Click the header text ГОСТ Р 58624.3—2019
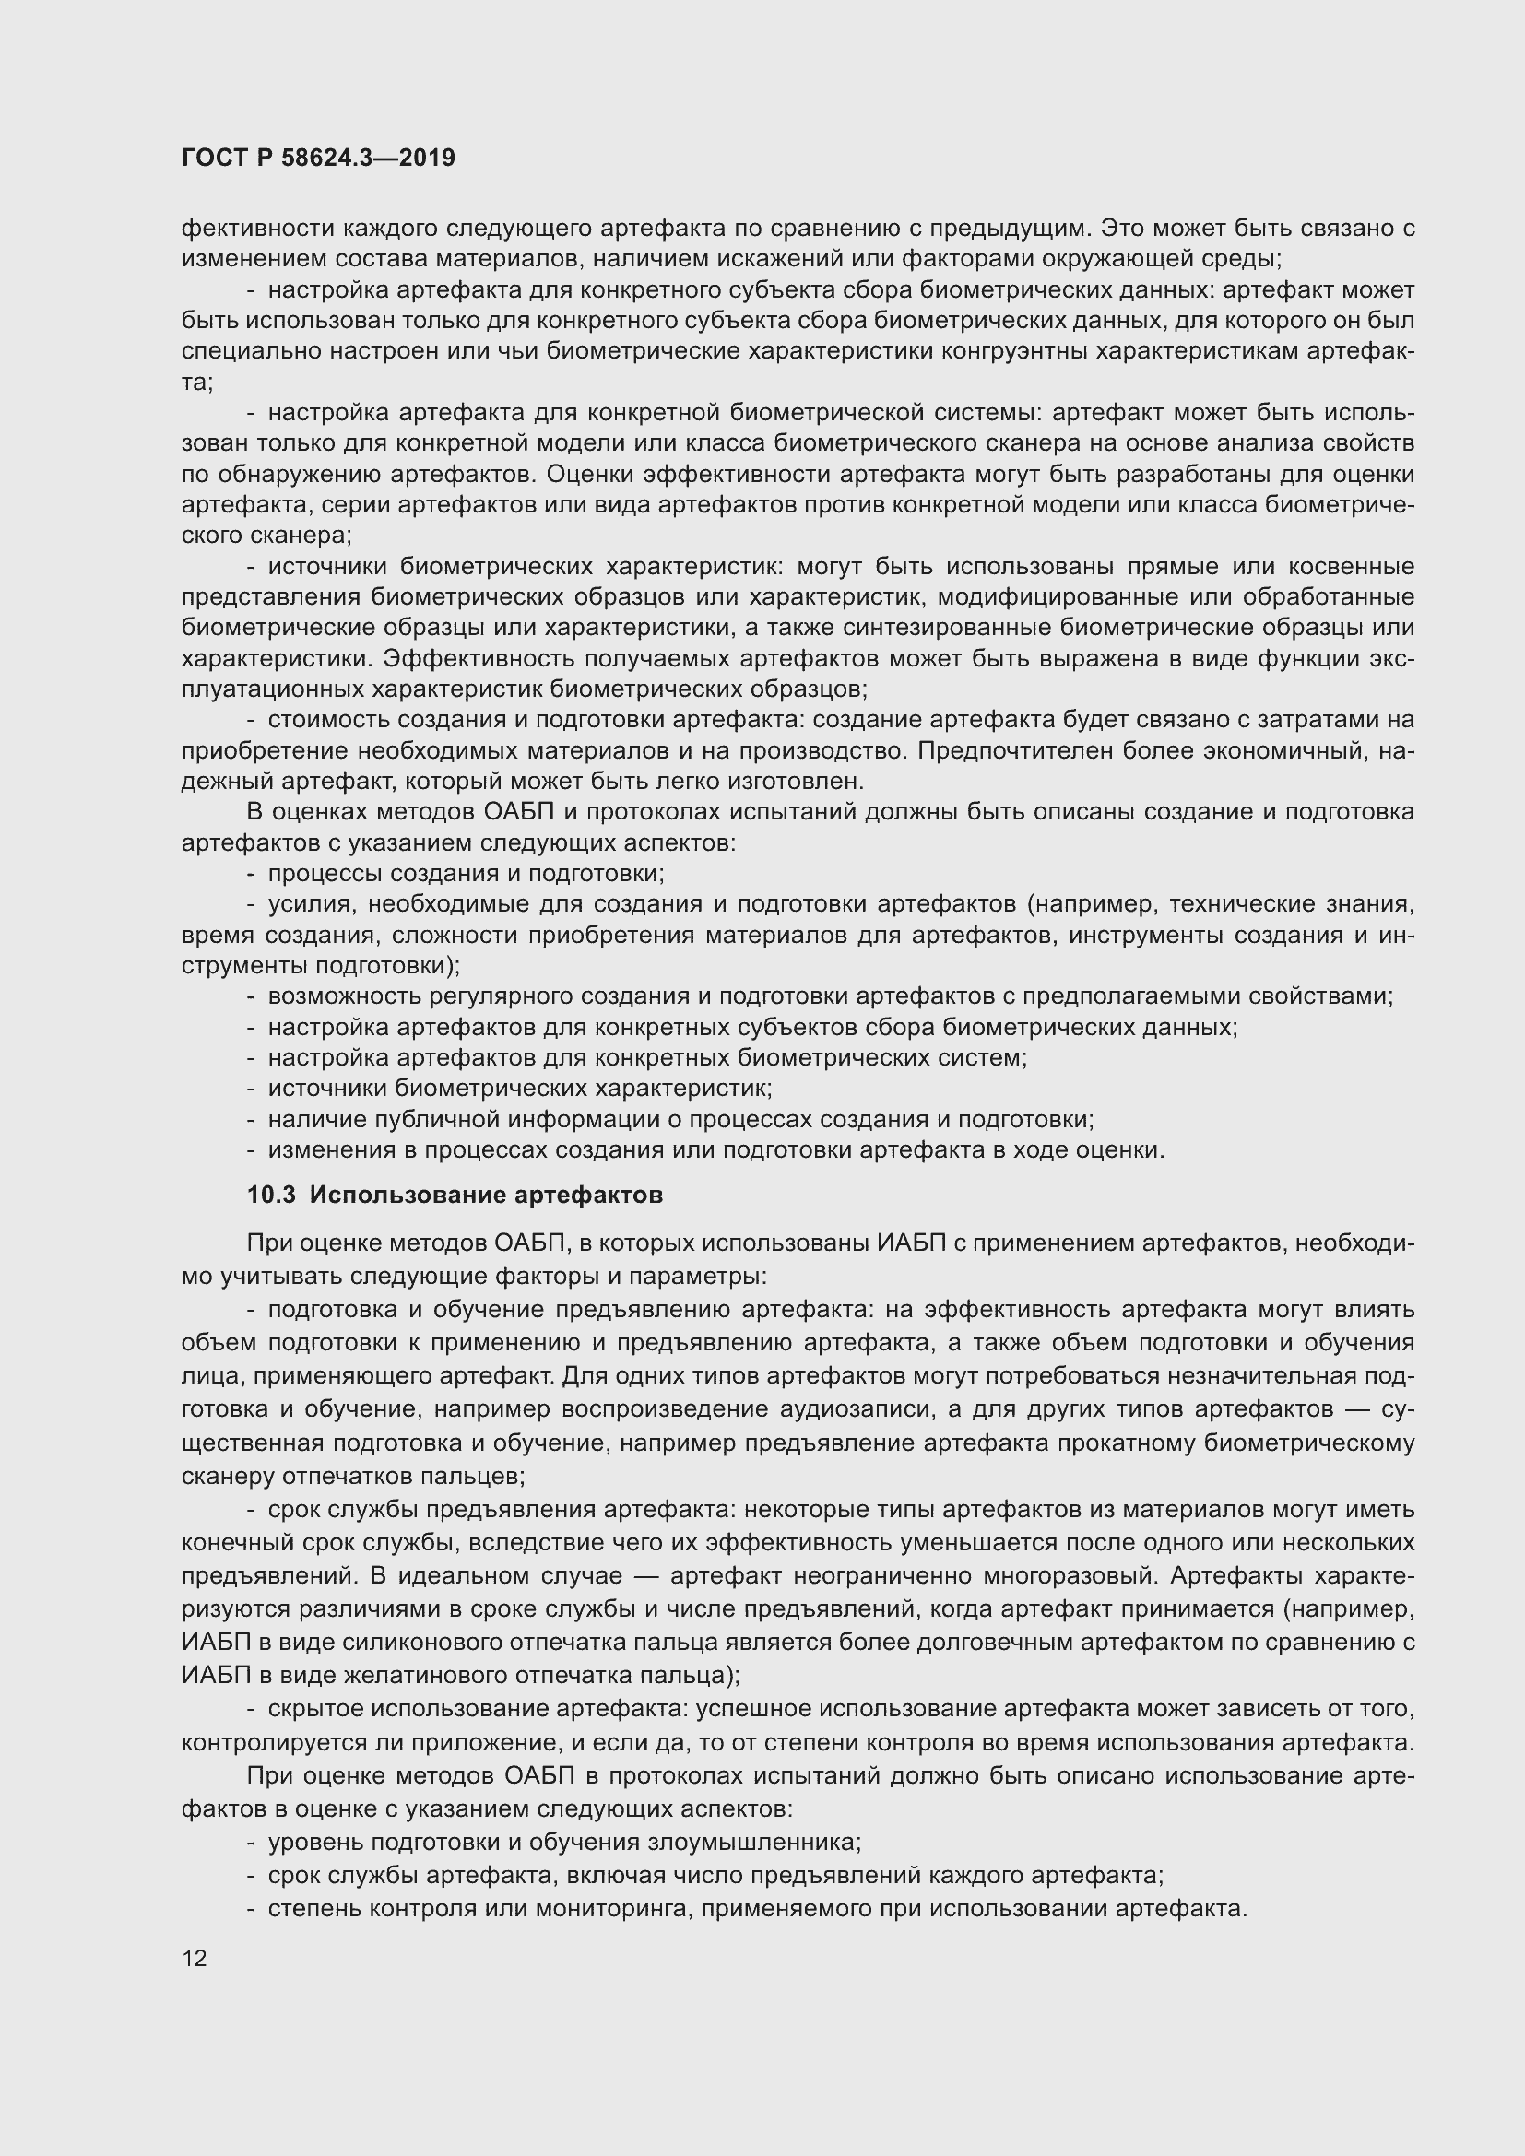318,158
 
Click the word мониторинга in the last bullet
613,1909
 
